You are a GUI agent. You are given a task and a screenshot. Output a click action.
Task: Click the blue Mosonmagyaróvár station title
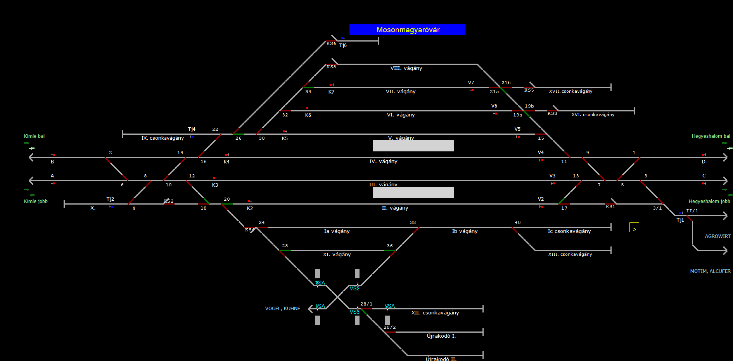tap(407, 30)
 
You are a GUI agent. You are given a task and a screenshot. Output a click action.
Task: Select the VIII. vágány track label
tap(406, 68)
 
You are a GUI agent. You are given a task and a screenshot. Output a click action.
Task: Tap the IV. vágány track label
tap(383, 161)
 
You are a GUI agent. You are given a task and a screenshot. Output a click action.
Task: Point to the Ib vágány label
tap(465, 231)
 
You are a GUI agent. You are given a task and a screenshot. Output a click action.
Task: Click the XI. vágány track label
tap(337, 255)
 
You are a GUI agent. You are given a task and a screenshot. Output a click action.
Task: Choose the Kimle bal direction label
tap(34, 136)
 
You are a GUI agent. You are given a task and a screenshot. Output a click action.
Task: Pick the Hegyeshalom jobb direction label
tap(709, 201)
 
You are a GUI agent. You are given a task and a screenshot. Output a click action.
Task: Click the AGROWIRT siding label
tap(717, 236)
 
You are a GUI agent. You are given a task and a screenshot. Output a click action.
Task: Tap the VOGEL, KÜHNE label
tap(282, 309)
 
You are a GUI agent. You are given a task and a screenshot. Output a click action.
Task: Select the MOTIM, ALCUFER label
tap(710, 271)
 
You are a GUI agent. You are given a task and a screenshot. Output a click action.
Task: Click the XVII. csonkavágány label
tap(570, 92)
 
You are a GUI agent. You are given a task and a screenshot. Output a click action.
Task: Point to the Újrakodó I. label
tap(441, 336)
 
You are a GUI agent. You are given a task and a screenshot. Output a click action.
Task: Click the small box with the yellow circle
tap(634, 227)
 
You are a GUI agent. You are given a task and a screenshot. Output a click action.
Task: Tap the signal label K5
tap(285, 139)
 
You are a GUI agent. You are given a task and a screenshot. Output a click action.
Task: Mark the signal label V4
tap(541, 153)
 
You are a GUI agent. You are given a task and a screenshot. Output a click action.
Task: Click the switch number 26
tap(239, 138)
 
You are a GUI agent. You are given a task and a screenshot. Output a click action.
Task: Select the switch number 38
tap(413, 223)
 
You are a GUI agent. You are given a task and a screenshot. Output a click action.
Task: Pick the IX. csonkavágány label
tap(163, 138)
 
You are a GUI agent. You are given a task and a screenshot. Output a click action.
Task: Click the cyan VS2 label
tap(354, 289)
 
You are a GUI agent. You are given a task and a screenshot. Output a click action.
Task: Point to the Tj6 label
tap(343, 46)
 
